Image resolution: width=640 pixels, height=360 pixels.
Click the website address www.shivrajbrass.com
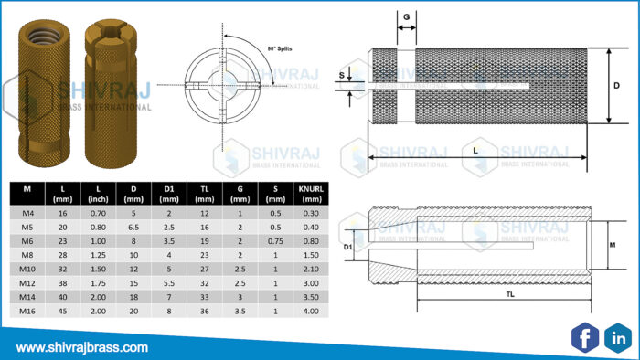pos(82,347)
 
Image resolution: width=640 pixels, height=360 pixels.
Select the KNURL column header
pos(307,193)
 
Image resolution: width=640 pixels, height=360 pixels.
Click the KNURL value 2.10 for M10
pos(307,270)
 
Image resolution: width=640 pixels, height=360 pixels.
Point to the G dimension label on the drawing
pos(406,17)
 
